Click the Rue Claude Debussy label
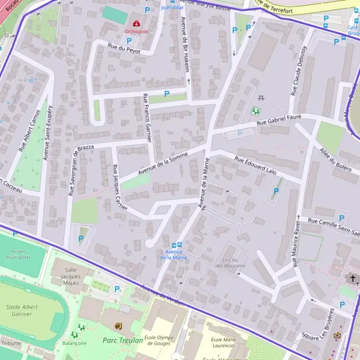pyautogui.click(x=299, y=70)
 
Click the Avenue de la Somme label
pyautogui.click(x=163, y=163)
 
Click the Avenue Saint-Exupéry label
pyautogui.click(x=47, y=133)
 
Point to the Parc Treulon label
pyautogui.click(x=122, y=340)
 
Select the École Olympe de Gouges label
pyautogui.click(x=158, y=340)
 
